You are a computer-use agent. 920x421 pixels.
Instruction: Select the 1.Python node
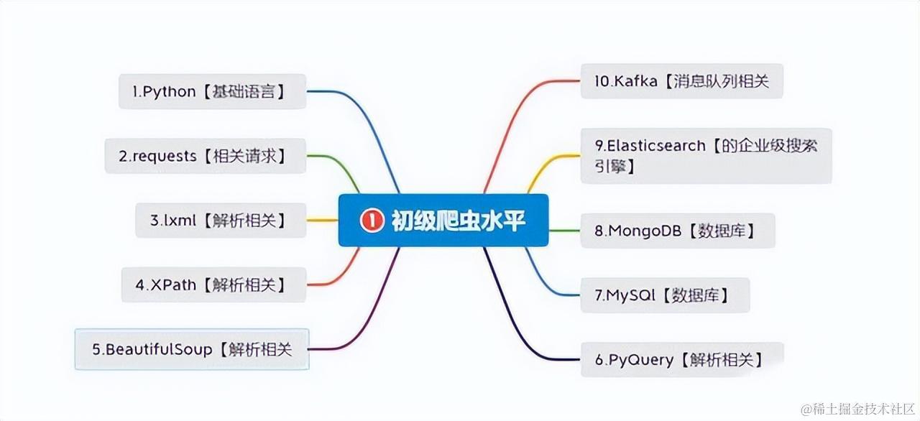pyautogui.click(x=212, y=92)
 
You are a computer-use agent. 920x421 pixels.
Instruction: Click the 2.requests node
pyautogui.click(x=206, y=156)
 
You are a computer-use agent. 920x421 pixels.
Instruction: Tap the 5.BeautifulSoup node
pyautogui.click(x=192, y=349)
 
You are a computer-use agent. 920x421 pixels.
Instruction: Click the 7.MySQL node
pyautogui.click(x=665, y=295)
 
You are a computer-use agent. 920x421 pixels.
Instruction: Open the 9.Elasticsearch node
pyautogui.click(x=706, y=155)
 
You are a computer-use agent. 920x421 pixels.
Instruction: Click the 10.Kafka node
pyautogui.click(x=681, y=81)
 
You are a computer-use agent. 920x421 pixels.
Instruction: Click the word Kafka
pyautogui.click(x=636, y=81)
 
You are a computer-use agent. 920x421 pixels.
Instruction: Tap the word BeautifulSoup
pyautogui.click(x=159, y=349)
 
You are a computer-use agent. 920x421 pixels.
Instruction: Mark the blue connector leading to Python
pyautogui.click(x=359, y=122)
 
